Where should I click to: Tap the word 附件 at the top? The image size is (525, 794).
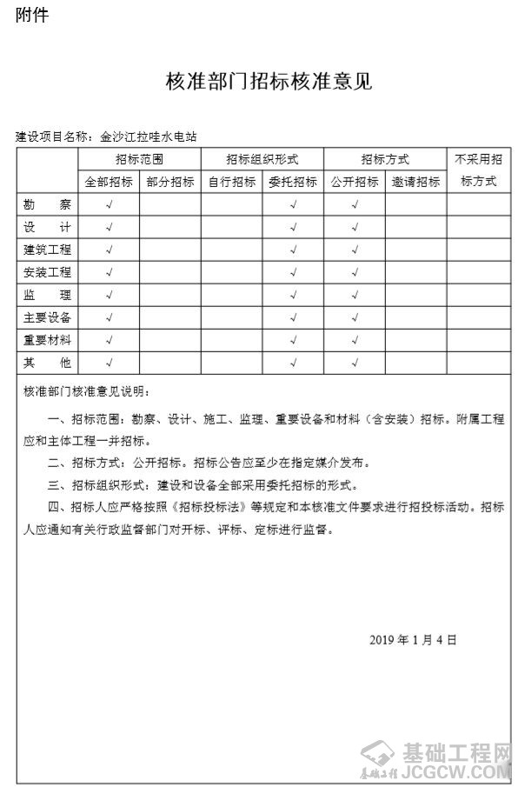click(32, 16)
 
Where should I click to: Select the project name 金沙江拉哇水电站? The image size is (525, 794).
click(149, 137)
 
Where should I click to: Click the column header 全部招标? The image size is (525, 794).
click(109, 183)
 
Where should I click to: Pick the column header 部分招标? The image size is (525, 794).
click(170, 183)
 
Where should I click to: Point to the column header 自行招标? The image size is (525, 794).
click(232, 183)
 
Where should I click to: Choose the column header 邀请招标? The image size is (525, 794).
click(416, 183)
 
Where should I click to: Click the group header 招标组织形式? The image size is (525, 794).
click(262, 160)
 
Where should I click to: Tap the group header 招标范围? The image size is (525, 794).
click(139, 160)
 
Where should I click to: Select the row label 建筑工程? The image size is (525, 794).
click(48, 250)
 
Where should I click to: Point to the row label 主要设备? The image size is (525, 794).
click(48, 317)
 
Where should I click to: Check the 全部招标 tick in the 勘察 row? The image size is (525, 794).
click(109, 205)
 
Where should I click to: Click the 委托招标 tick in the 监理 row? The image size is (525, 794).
click(294, 296)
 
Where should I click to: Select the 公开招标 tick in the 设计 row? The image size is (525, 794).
click(355, 228)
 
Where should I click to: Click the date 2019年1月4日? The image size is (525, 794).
click(413, 640)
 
